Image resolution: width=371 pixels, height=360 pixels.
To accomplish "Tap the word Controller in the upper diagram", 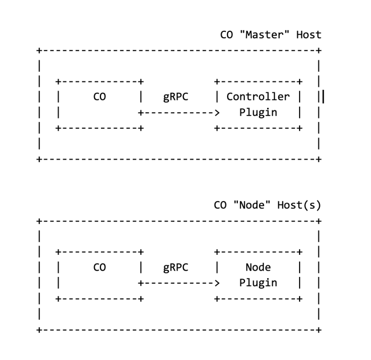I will tap(258, 96).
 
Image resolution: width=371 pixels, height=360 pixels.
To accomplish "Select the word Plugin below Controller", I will tap(258, 112).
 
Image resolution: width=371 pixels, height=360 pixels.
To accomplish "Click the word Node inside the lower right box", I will tap(258, 267).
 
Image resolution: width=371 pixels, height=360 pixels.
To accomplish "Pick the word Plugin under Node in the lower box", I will tap(258, 283).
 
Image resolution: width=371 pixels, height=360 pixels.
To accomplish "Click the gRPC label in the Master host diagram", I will tap(176, 96).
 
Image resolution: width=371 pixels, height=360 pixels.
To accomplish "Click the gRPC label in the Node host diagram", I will tap(176, 267).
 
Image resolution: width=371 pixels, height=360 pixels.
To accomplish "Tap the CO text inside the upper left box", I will tap(100, 96).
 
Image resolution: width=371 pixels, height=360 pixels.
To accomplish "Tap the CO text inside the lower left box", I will tap(100, 267).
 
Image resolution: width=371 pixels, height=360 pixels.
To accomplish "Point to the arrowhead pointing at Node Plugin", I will tap(217, 283).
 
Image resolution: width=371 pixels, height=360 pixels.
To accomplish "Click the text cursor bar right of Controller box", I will tap(323, 97).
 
